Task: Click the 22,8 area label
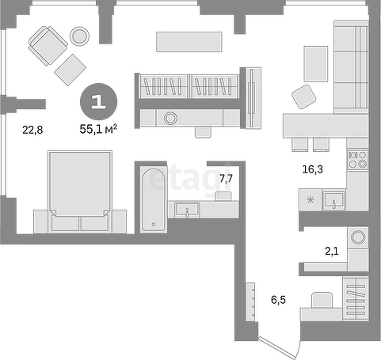(32, 130)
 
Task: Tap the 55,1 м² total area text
(98, 129)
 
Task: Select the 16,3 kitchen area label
(312, 169)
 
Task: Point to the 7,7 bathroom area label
(226, 179)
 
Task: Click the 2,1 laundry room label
(332, 251)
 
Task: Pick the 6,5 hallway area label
(278, 300)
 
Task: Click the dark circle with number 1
(99, 101)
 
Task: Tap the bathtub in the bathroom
(153, 199)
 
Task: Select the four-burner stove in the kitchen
(358, 160)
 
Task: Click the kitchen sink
(334, 200)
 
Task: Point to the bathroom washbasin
(187, 210)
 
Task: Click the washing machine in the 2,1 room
(358, 237)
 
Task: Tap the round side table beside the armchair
(79, 36)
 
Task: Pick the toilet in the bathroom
(223, 196)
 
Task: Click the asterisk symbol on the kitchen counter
(311, 199)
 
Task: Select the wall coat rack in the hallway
(250, 302)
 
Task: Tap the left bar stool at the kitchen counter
(299, 145)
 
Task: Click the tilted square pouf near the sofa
(303, 97)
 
